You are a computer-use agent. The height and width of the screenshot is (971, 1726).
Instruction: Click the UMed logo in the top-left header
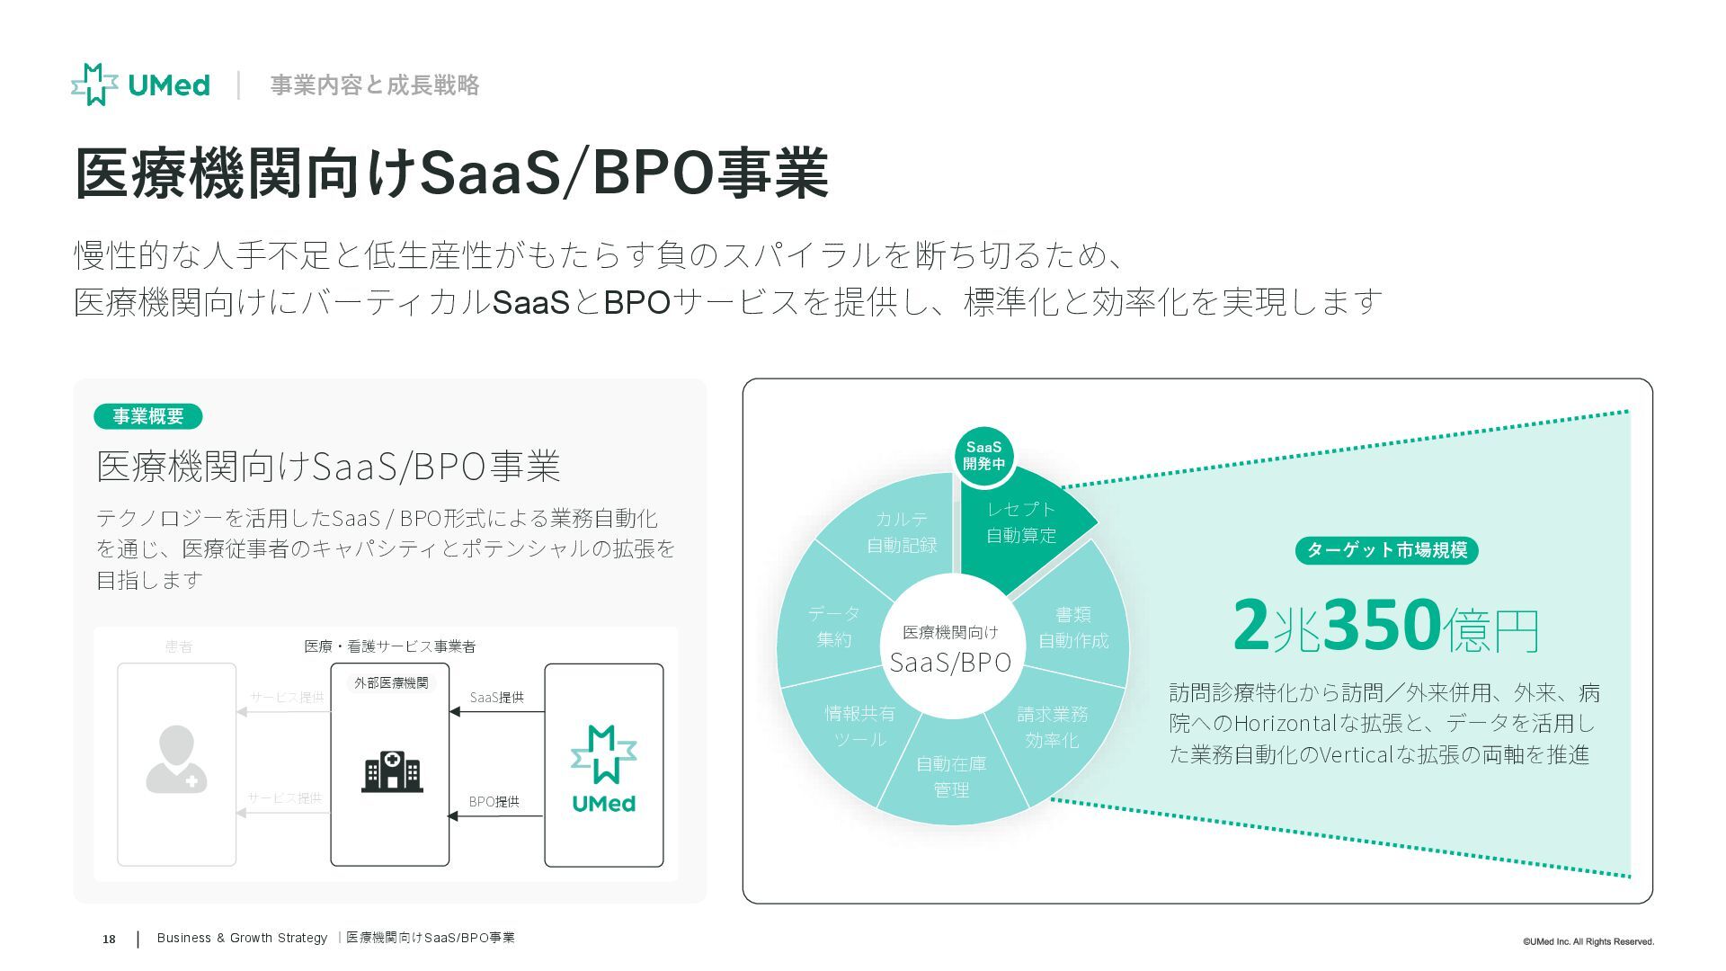(x=140, y=85)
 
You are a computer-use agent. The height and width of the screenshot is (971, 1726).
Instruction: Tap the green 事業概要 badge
(x=147, y=416)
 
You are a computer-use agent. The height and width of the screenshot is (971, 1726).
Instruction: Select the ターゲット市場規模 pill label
(x=1386, y=550)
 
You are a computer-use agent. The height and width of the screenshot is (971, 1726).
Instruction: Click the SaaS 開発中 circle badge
(x=983, y=455)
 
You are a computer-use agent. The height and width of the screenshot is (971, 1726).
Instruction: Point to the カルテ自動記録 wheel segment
(x=902, y=531)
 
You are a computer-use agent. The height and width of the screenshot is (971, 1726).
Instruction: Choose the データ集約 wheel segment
(x=833, y=626)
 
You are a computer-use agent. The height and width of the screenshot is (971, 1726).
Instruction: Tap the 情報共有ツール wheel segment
(x=859, y=726)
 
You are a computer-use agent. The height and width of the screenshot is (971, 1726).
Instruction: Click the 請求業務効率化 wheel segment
(x=1052, y=726)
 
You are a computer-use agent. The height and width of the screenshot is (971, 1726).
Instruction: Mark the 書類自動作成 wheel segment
(x=1073, y=627)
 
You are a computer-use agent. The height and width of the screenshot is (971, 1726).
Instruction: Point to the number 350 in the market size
(x=1383, y=624)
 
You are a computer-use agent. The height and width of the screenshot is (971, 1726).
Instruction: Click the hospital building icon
(x=391, y=772)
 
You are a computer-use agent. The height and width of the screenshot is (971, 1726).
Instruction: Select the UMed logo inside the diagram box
(x=603, y=768)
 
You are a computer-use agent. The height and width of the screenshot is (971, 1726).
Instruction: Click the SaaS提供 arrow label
(x=496, y=698)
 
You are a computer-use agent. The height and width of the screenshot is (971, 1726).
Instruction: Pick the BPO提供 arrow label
(x=494, y=802)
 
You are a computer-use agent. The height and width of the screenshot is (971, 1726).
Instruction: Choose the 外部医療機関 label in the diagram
(x=391, y=683)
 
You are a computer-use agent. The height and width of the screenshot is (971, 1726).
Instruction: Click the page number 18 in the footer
(x=109, y=940)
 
